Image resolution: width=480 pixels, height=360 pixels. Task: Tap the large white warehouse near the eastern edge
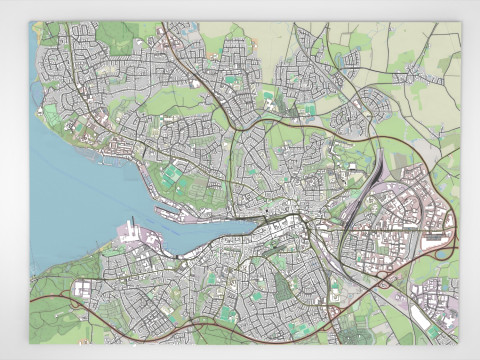pos(436,242)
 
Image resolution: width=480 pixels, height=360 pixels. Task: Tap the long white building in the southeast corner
pos(421,320)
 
